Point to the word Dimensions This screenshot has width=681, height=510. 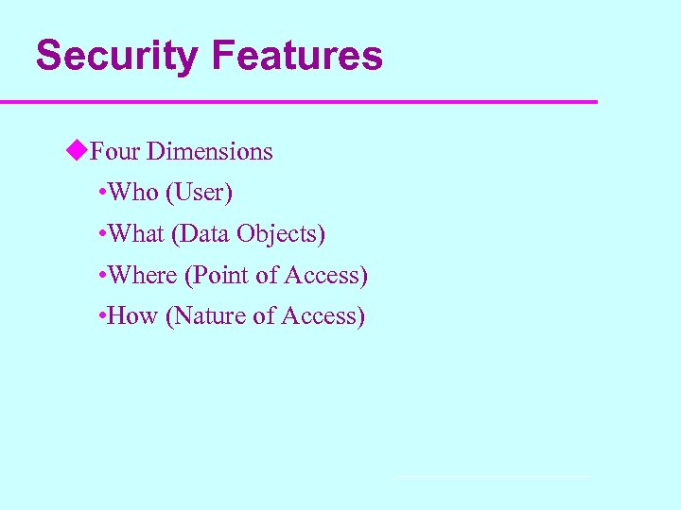(209, 151)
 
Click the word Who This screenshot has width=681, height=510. (133, 193)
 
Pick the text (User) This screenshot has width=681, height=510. (199, 193)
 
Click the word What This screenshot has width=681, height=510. (136, 234)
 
